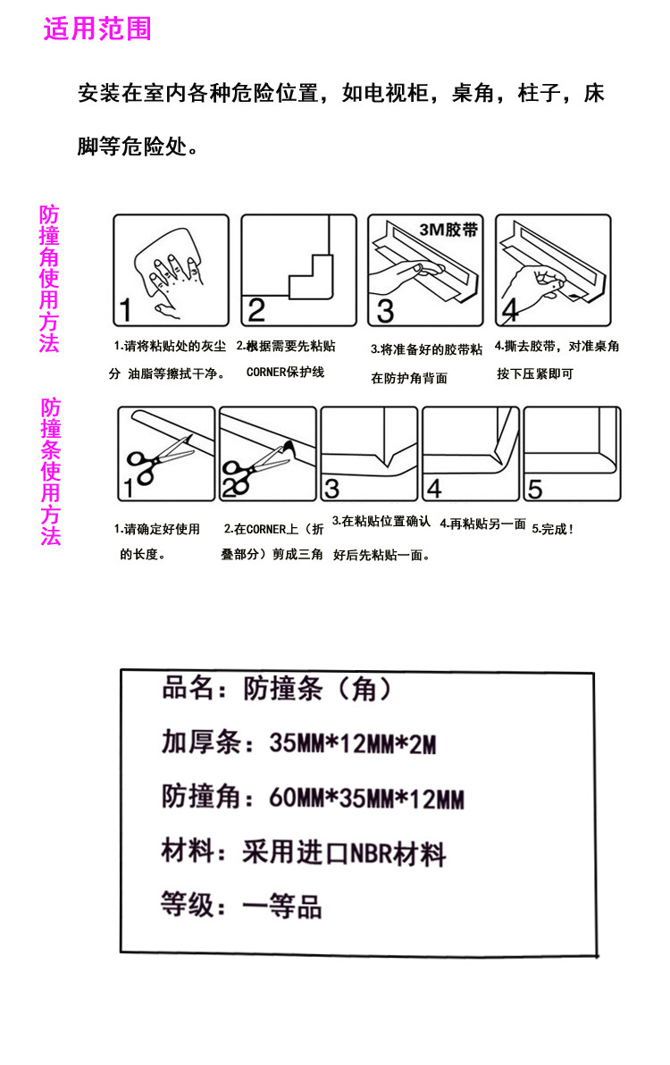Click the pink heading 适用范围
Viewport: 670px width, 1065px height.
coord(97,29)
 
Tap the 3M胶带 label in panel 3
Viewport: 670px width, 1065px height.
coord(448,230)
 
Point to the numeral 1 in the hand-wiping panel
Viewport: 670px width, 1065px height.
coord(126,310)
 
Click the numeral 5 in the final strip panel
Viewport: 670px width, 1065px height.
coord(535,489)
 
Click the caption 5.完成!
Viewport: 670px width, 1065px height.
coord(553,528)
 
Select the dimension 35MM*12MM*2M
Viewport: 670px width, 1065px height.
coord(352,743)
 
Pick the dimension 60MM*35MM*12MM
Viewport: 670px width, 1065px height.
coord(366,797)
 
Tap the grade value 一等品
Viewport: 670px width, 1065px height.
coord(281,907)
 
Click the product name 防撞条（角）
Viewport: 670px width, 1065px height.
coord(317,689)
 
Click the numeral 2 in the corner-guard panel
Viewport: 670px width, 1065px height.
coord(255,310)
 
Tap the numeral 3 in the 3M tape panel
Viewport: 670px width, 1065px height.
coord(385,311)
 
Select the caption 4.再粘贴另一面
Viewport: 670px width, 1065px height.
coord(482,524)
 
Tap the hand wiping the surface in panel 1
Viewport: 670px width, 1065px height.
coord(170,271)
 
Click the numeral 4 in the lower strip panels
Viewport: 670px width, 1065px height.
coord(434,489)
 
